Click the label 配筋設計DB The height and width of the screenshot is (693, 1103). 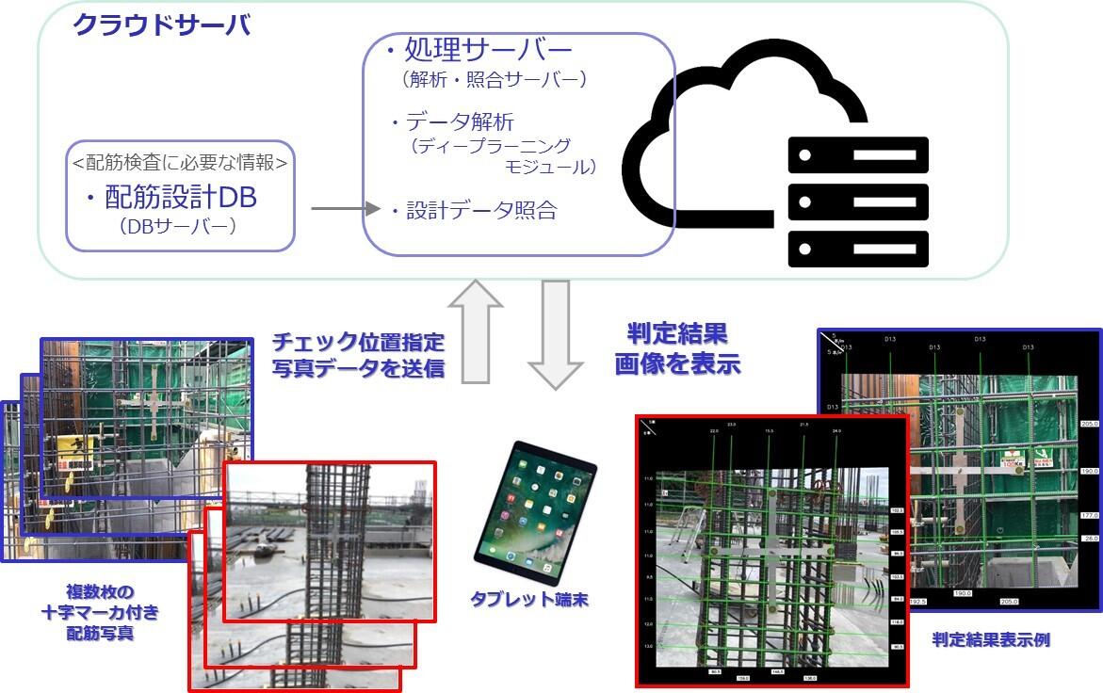click(179, 198)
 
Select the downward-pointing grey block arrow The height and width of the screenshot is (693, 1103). click(555, 334)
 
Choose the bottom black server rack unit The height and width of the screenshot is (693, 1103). click(858, 249)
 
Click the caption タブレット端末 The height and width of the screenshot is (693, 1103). click(530, 599)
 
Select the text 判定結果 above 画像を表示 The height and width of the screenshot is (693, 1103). click(677, 334)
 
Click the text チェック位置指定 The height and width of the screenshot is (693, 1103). click(358, 341)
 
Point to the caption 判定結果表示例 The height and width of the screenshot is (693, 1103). click(991, 639)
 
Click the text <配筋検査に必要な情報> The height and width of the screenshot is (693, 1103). click(180, 162)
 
